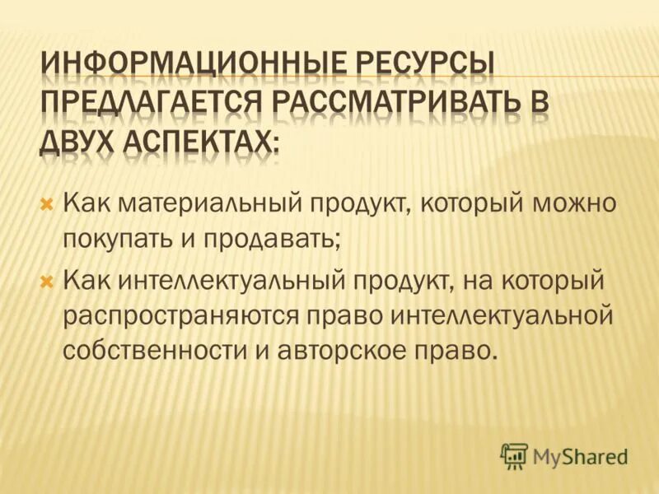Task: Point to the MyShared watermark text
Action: pos(582,455)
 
